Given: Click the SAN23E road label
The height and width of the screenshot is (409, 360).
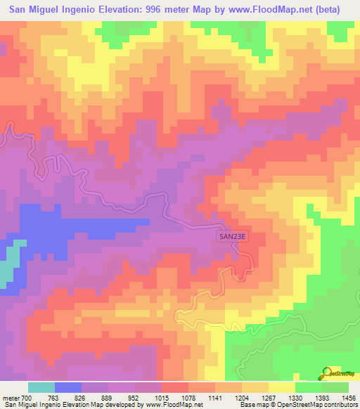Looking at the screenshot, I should point(232,238).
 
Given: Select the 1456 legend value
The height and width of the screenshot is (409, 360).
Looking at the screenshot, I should point(348,398).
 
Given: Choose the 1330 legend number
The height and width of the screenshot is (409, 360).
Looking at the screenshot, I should point(295,398).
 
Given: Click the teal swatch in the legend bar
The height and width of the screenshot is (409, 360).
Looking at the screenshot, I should point(41,387).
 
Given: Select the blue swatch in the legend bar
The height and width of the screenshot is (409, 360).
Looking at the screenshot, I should point(68,387).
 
